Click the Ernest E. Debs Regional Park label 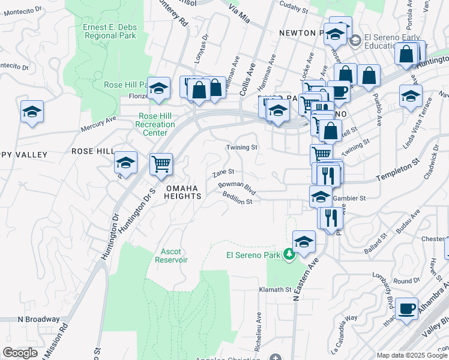[110, 31]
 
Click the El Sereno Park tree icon [289, 255]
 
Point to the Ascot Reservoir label [171, 256]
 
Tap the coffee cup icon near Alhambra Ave [407, 308]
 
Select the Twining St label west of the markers [241, 147]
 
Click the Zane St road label [223, 173]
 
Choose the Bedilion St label [237, 199]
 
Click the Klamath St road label [275, 289]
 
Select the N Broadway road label [38, 319]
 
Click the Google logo [20, 353]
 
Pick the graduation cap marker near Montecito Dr [32, 112]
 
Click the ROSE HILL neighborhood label [92, 151]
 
